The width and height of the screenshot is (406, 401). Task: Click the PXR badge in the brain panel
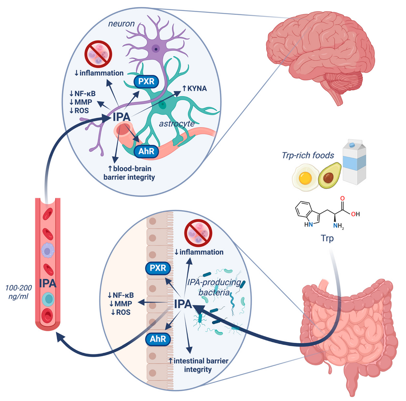[146, 81]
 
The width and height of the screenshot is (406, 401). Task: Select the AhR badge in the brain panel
[146, 151]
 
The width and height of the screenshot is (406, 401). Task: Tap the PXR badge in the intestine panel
[158, 268]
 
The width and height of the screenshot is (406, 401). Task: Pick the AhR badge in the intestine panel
[158, 339]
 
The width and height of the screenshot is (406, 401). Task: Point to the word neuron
[121, 24]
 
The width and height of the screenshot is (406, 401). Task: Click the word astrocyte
[177, 124]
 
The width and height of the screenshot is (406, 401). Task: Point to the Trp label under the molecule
[327, 238]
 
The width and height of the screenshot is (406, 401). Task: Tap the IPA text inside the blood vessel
[47, 283]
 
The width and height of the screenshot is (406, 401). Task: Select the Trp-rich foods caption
[308, 155]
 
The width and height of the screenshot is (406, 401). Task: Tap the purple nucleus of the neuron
[156, 48]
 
